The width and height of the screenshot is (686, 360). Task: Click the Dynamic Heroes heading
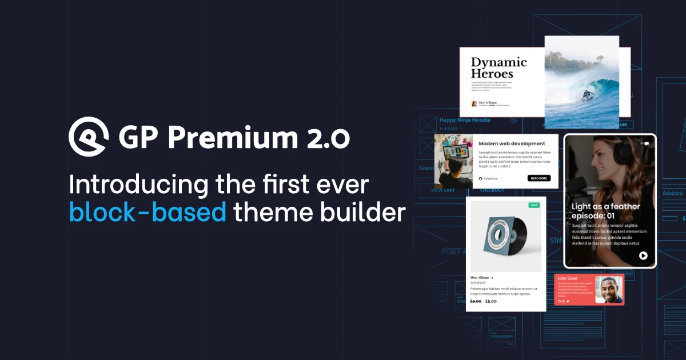click(498, 68)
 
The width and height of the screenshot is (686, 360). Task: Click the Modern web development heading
click(512, 143)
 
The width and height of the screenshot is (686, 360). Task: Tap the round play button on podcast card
click(643, 255)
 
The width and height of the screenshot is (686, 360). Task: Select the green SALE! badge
click(534, 205)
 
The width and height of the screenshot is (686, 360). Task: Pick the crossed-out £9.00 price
click(476, 301)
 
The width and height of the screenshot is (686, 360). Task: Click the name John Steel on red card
click(568, 278)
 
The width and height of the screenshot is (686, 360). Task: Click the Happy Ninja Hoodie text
click(465, 120)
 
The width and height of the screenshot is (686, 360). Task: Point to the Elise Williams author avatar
click(474, 104)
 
